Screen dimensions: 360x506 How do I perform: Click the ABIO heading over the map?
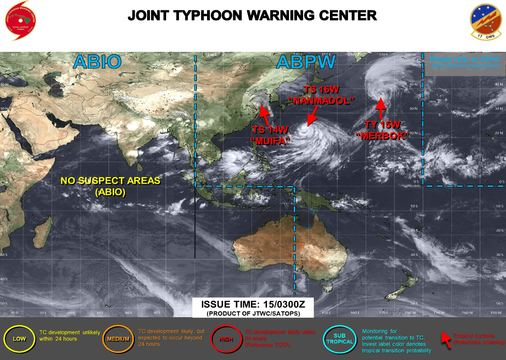[x=97, y=62]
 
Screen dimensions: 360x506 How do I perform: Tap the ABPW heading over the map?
[x=306, y=62]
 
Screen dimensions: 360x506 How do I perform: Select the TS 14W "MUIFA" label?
[x=270, y=135]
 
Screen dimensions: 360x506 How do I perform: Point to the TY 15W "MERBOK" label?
[x=383, y=130]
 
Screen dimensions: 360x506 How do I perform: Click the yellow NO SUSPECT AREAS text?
[x=110, y=186]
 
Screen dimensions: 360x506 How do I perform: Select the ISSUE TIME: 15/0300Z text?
[x=253, y=305]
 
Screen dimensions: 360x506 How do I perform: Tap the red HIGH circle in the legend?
[x=226, y=339]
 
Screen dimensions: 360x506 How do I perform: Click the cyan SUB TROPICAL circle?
[x=340, y=339]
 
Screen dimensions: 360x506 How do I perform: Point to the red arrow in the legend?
[x=446, y=339]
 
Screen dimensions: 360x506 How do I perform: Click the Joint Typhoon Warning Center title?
[x=252, y=16]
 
